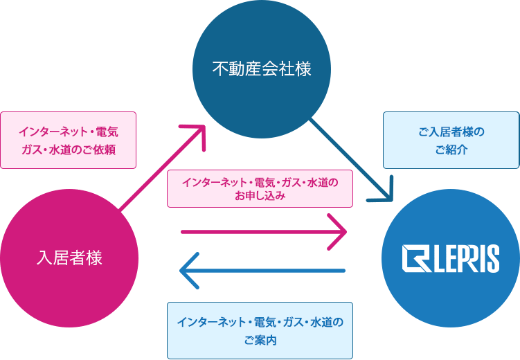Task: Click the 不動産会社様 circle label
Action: pos(262,69)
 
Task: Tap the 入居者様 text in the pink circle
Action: pos(69,258)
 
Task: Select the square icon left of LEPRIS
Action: pos(415,258)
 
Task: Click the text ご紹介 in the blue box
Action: pos(451,150)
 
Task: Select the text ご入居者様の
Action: pos(451,132)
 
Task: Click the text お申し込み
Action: pos(260,196)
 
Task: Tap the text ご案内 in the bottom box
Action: pos(260,340)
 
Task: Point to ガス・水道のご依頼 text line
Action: pos(69,150)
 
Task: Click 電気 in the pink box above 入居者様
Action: pos(107,132)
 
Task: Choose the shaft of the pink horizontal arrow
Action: pos(262,232)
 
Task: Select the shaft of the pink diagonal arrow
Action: pos(161,168)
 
